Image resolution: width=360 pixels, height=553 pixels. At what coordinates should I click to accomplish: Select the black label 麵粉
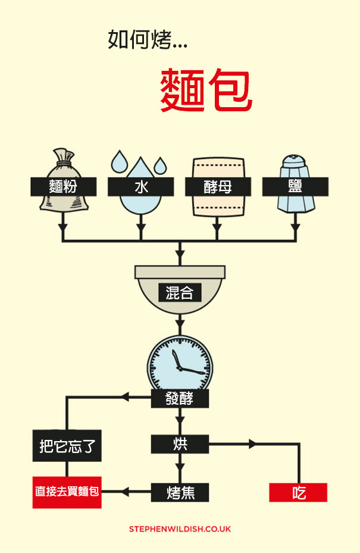coord(63,186)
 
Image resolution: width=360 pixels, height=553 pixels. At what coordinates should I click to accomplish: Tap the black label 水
coord(140,186)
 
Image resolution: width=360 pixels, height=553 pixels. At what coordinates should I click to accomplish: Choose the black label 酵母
coord(218,186)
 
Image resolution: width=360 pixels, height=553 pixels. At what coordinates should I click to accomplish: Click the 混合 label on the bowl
coord(180,293)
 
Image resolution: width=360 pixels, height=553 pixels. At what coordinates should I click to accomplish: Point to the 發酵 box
coord(180,398)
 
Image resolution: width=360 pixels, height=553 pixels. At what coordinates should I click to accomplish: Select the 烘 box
coord(180,443)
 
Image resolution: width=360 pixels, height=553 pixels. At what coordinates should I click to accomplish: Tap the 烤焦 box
coord(180,492)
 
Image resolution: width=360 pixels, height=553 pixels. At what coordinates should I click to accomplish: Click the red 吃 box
coord(299,492)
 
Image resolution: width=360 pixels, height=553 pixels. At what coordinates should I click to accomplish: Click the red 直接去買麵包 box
coord(67,492)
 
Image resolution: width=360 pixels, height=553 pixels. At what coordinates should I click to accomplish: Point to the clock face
coord(180,363)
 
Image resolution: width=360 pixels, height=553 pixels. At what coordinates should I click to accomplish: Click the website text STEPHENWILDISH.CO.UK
coord(180,529)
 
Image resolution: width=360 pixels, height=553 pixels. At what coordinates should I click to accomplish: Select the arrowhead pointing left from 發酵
coord(125,397)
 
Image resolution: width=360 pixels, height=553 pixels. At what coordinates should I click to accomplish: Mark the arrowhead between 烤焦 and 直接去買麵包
coord(125,492)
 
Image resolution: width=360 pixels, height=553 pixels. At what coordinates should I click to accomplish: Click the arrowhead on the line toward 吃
coord(253,443)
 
